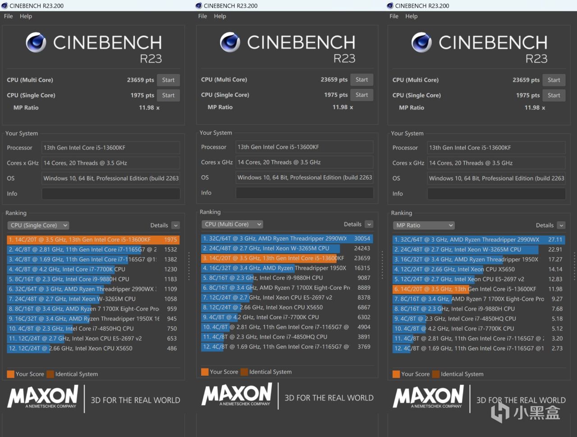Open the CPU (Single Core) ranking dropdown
(38, 225)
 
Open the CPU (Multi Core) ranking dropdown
(232, 224)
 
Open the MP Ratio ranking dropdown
(424, 225)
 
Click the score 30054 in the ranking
(362, 239)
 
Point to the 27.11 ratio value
(555, 240)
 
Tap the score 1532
(170, 250)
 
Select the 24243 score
(362, 248)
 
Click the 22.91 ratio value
(555, 250)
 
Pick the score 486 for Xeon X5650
(172, 348)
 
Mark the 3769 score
(364, 347)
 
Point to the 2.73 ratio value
(557, 348)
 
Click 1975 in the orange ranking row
(170, 240)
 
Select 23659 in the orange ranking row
(362, 258)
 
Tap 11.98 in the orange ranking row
(555, 289)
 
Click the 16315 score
(362, 268)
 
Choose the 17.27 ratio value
(555, 259)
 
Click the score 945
(172, 319)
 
